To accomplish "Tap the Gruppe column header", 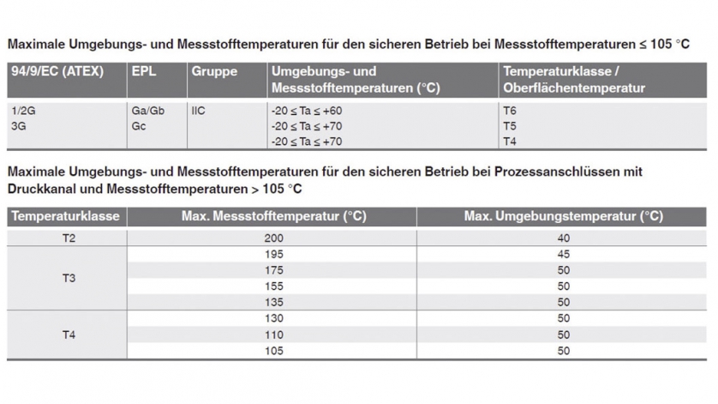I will [x=214, y=71].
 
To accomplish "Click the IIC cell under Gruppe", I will [x=199, y=111].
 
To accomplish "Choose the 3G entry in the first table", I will [x=17, y=126].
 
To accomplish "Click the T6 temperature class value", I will [x=510, y=111].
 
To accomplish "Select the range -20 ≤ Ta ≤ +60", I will [x=306, y=111].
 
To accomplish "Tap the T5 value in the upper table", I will [x=510, y=126].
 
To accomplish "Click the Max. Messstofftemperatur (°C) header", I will [x=273, y=216].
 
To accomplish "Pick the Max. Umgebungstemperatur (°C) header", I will [x=563, y=216].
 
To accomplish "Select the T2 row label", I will [x=68, y=238].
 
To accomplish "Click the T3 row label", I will [x=68, y=279].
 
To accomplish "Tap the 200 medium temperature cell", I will [x=274, y=238].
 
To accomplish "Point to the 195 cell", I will [x=274, y=255].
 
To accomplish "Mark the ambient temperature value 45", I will [x=564, y=255].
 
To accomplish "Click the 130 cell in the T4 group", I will [x=274, y=318].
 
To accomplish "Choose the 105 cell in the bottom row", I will [x=274, y=350].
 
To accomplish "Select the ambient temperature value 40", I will [x=564, y=238].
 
